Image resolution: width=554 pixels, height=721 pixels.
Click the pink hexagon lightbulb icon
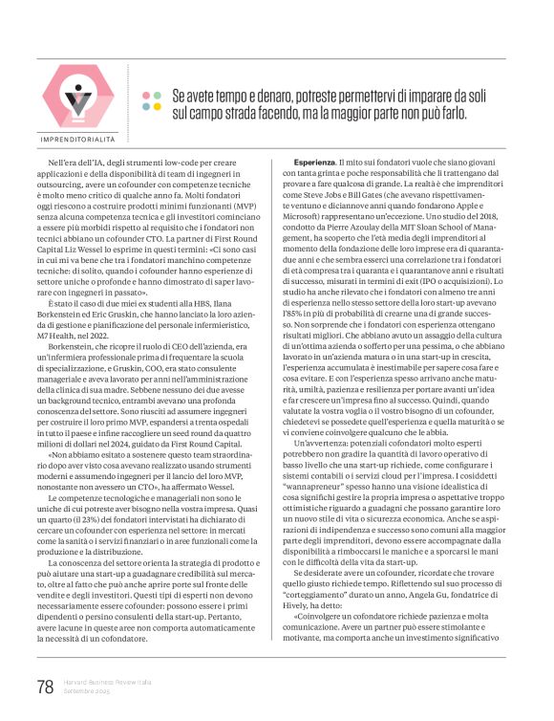click(x=79, y=93)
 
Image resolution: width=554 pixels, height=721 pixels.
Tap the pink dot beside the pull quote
click(x=146, y=96)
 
